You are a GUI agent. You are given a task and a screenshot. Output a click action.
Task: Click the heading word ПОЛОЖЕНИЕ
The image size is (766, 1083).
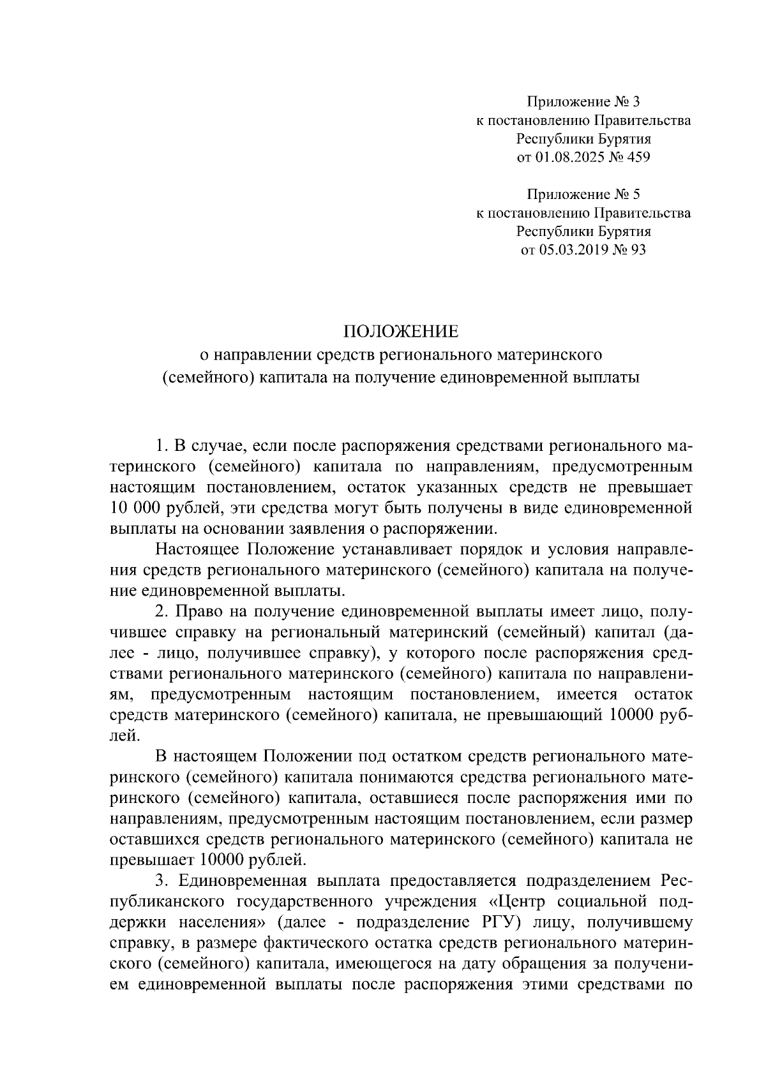401,331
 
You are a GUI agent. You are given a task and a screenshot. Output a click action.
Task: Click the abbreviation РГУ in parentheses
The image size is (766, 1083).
495,922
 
